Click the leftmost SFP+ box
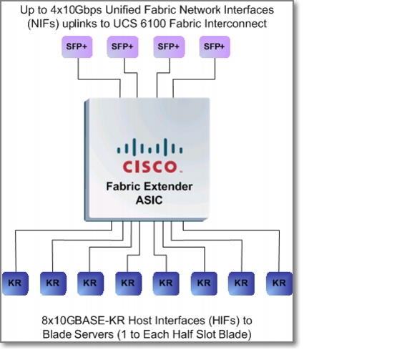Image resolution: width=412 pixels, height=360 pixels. tap(77, 47)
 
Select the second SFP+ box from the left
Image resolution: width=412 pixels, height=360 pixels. tap(122, 47)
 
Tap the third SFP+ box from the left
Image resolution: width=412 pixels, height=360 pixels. tap(169, 47)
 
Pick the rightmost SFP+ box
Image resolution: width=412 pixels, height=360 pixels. tap(215, 47)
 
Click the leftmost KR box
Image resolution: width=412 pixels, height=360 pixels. tap(15, 283)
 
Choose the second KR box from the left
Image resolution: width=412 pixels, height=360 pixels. tap(53, 283)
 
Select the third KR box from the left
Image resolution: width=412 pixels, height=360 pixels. tap(90, 283)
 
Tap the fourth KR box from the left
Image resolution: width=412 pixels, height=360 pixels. tap(129, 283)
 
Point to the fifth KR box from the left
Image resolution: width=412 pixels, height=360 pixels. tap(166, 283)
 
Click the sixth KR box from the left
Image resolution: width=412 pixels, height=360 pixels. tap(204, 283)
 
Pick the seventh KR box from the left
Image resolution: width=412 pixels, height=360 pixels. tap(241, 283)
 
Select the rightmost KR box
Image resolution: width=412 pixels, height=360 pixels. tap(279, 283)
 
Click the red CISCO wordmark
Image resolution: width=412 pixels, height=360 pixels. tap(149, 167)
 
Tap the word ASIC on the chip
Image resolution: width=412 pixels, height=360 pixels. tap(149, 200)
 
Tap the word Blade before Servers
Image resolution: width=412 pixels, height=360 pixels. tap(57, 334)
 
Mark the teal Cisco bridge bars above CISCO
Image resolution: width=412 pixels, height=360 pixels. tap(149, 147)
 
